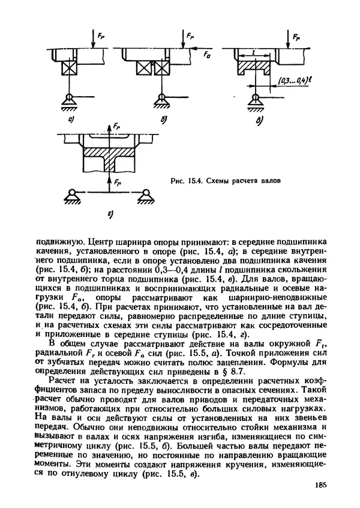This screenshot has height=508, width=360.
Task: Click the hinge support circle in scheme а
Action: (71, 97)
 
